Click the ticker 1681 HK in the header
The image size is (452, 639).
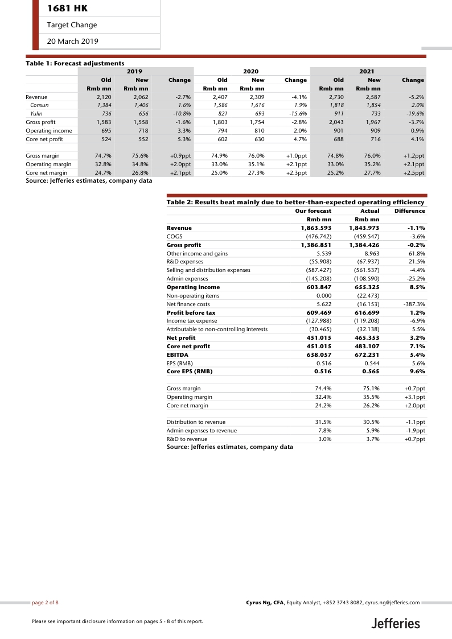click(x=67, y=9)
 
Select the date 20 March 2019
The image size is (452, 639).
click(x=72, y=41)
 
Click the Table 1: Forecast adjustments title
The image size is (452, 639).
click(x=75, y=63)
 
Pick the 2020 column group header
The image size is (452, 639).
click(x=250, y=72)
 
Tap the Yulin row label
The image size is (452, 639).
click(x=36, y=113)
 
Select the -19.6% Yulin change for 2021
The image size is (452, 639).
click(x=415, y=113)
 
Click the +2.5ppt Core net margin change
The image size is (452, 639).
click(x=413, y=172)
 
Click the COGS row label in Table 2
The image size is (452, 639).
click(x=174, y=236)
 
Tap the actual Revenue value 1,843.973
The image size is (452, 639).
click(x=364, y=228)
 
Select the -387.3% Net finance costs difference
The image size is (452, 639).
click(x=414, y=304)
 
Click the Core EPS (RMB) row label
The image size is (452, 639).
click(x=189, y=372)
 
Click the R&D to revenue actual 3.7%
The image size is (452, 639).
click(x=372, y=439)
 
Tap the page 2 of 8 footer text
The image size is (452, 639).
click(x=45, y=601)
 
